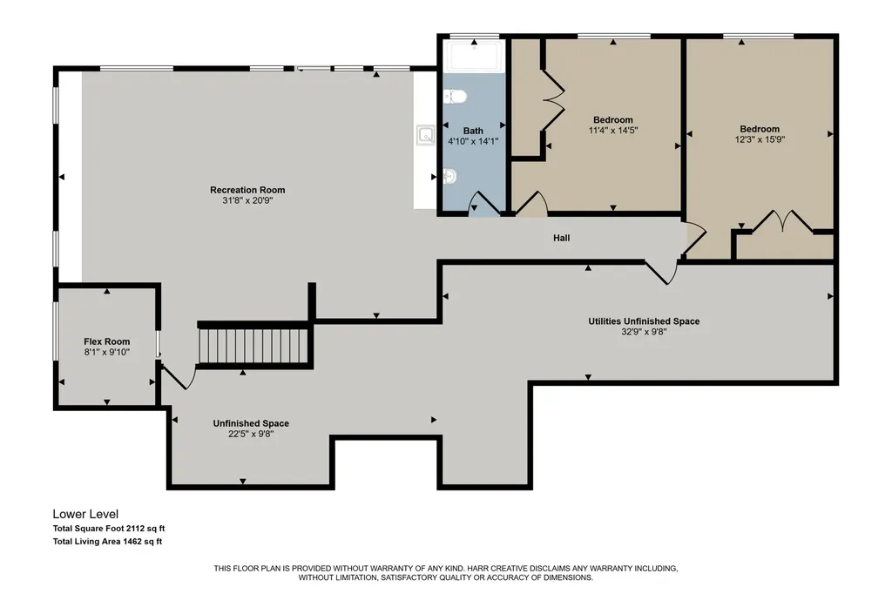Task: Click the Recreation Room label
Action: pos(247,190)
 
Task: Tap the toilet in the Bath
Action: pos(455,97)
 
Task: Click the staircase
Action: pos(254,346)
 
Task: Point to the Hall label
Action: pos(562,238)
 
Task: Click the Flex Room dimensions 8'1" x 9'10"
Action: pos(107,352)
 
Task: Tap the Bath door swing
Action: pos(483,204)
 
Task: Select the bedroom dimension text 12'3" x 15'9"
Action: pos(760,139)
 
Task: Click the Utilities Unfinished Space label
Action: pos(644,321)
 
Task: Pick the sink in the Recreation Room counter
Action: pos(425,135)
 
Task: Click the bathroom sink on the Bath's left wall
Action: pos(450,177)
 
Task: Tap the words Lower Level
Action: pos(86,515)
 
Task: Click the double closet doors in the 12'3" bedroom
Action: pos(783,220)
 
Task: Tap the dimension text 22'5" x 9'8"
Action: pos(251,434)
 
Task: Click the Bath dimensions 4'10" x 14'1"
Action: pos(473,141)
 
